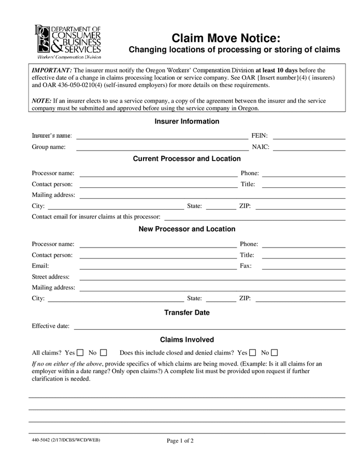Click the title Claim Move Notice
coord(226,38)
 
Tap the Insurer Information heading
coord(187,121)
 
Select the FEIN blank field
coord(309,136)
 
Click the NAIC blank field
coord(309,147)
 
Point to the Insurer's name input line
coord(162,136)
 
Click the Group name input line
coord(162,147)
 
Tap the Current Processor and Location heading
coord(187,158)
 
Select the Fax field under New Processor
coord(304,266)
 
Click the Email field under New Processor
coord(157,266)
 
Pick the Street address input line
coord(212,277)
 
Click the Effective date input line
coord(210,326)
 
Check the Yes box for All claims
coord(80,353)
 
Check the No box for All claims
coord(104,353)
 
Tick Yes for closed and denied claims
coord(253,353)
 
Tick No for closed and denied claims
coord(275,353)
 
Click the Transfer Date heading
coord(187,313)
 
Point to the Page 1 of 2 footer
coord(180,441)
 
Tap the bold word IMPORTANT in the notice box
coord(52,70)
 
